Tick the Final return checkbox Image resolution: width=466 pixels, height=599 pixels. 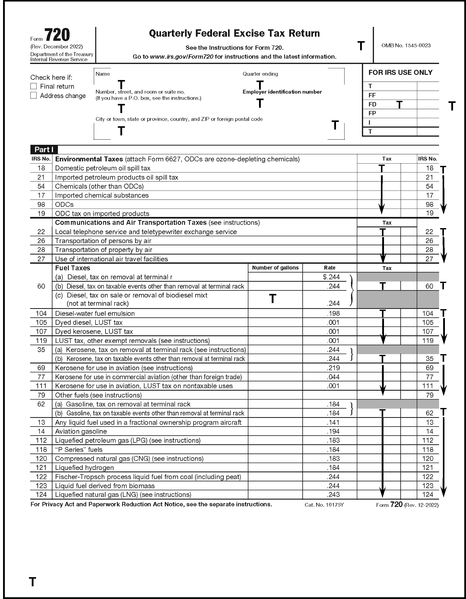pos(34,86)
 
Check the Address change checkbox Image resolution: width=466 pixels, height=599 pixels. pos(34,96)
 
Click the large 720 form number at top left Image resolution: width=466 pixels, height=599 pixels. pos(57,35)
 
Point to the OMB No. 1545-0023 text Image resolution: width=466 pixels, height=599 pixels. pos(406,45)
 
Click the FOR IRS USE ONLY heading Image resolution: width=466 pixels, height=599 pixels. pos(400,72)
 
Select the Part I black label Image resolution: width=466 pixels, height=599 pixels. pos(44,149)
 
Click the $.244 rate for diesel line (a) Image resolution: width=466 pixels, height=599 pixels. pos(331,277)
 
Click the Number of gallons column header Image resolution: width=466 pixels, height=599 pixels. pos(275,268)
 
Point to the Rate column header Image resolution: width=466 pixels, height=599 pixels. pos(329,268)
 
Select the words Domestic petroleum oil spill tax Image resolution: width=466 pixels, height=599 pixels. pos(103,168)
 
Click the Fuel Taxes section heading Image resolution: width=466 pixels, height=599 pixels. pos(73,268)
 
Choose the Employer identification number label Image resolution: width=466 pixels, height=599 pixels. pos(282,92)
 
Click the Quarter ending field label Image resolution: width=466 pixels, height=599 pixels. pos(260,74)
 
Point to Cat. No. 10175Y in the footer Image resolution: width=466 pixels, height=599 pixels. pos(324,505)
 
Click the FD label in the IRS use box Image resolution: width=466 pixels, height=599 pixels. pos(372,104)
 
